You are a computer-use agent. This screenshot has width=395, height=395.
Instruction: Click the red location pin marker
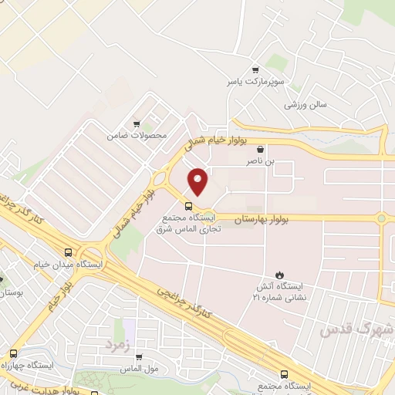pyautogui.click(x=199, y=181)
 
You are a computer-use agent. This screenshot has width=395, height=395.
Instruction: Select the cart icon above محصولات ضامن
pyautogui.click(x=137, y=123)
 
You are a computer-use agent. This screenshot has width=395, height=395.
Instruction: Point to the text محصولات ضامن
pyautogui.click(x=137, y=136)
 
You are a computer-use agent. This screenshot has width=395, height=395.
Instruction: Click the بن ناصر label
pyautogui.click(x=260, y=162)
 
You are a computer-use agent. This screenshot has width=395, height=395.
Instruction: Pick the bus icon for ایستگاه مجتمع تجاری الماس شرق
pyautogui.click(x=188, y=205)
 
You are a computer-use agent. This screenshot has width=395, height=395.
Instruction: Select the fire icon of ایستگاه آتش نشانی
pyautogui.click(x=280, y=273)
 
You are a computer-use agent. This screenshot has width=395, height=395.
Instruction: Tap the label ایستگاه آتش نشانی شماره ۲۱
pyautogui.click(x=281, y=291)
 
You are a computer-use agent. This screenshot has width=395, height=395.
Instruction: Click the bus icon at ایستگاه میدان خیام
pyautogui.click(x=69, y=252)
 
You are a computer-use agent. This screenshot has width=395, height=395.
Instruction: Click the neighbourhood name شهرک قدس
pyautogui.click(x=356, y=329)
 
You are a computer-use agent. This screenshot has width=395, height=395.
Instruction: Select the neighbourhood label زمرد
pyautogui.click(x=115, y=341)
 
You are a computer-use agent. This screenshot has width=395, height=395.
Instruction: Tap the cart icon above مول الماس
pyautogui.click(x=139, y=357)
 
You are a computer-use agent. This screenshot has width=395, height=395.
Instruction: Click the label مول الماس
pyautogui.click(x=140, y=370)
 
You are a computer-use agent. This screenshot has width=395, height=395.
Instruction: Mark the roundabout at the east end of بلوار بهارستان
pyautogui.click(x=381, y=218)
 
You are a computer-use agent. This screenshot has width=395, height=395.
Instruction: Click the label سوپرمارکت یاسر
pyautogui.click(x=245, y=80)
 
